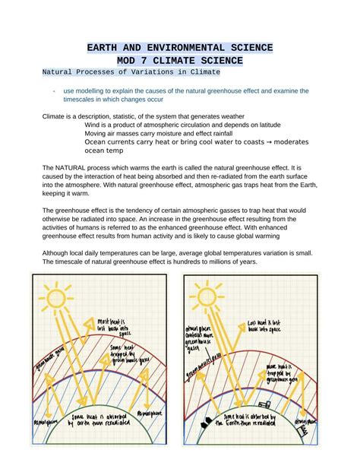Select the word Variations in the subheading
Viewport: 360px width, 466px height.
pos(149,72)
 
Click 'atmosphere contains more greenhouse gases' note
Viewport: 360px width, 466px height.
pos(198,338)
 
